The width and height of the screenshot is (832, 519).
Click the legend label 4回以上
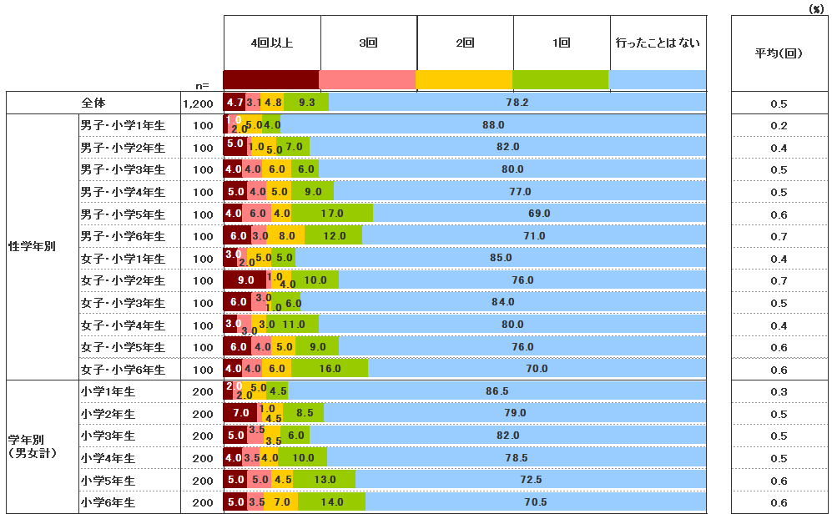coord(271,43)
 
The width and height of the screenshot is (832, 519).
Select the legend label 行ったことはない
coord(658,43)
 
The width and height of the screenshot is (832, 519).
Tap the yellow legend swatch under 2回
coord(464,80)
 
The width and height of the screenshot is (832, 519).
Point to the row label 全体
coord(93,103)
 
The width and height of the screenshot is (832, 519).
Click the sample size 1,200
coord(202,103)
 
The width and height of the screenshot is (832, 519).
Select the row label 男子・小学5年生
coord(123,214)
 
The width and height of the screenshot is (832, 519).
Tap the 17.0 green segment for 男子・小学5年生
coord(332,214)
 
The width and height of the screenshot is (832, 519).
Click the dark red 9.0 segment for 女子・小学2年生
coord(245,280)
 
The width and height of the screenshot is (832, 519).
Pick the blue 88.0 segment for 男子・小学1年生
coord(494,125)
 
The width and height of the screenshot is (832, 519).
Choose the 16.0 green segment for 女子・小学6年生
coord(330,369)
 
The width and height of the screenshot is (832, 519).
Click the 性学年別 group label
coord(32,247)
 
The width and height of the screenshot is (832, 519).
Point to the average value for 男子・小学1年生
coord(779,125)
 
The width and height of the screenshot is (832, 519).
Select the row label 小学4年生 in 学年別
coord(108,458)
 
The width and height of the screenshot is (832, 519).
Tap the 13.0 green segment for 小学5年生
coord(325,480)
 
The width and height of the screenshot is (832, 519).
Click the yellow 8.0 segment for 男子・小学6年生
coord(286,236)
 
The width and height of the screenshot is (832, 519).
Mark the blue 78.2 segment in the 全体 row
coord(517,103)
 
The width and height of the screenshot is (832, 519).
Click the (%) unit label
coord(815,8)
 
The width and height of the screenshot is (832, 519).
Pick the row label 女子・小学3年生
coord(123,303)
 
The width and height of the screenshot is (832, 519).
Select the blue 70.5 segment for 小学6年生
coord(535,502)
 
